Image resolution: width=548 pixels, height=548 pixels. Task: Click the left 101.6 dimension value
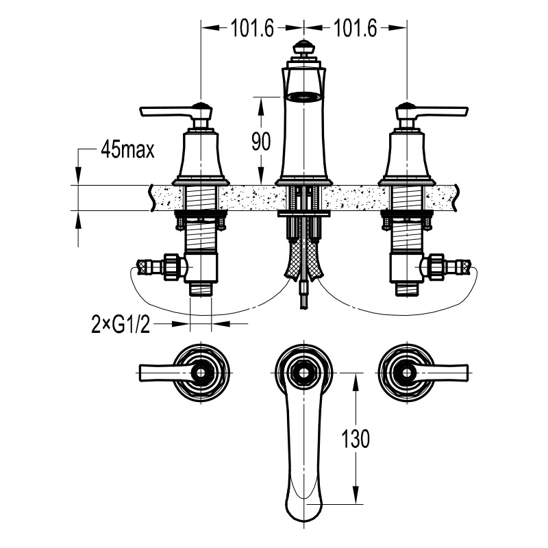click(251, 28)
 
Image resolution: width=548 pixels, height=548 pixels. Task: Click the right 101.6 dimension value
click(356, 28)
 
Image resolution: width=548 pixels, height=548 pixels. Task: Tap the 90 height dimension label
click(261, 142)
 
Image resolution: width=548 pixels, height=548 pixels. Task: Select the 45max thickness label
click(127, 150)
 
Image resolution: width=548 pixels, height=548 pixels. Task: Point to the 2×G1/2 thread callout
click(121, 324)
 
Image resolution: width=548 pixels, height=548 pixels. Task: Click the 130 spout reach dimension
click(355, 438)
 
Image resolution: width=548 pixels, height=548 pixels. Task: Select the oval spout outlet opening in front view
click(303, 97)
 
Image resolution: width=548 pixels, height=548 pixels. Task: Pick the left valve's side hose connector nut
click(171, 266)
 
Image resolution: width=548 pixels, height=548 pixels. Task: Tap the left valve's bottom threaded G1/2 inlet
click(201, 289)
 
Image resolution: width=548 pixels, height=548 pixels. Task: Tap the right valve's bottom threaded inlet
click(406, 289)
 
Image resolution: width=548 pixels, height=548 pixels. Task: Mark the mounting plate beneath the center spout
click(303, 213)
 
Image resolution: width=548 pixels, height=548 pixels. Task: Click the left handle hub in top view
click(201, 373)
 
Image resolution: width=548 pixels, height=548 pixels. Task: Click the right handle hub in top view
click(407, 373)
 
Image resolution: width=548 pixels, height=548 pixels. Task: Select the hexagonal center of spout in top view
click(303, 373)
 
